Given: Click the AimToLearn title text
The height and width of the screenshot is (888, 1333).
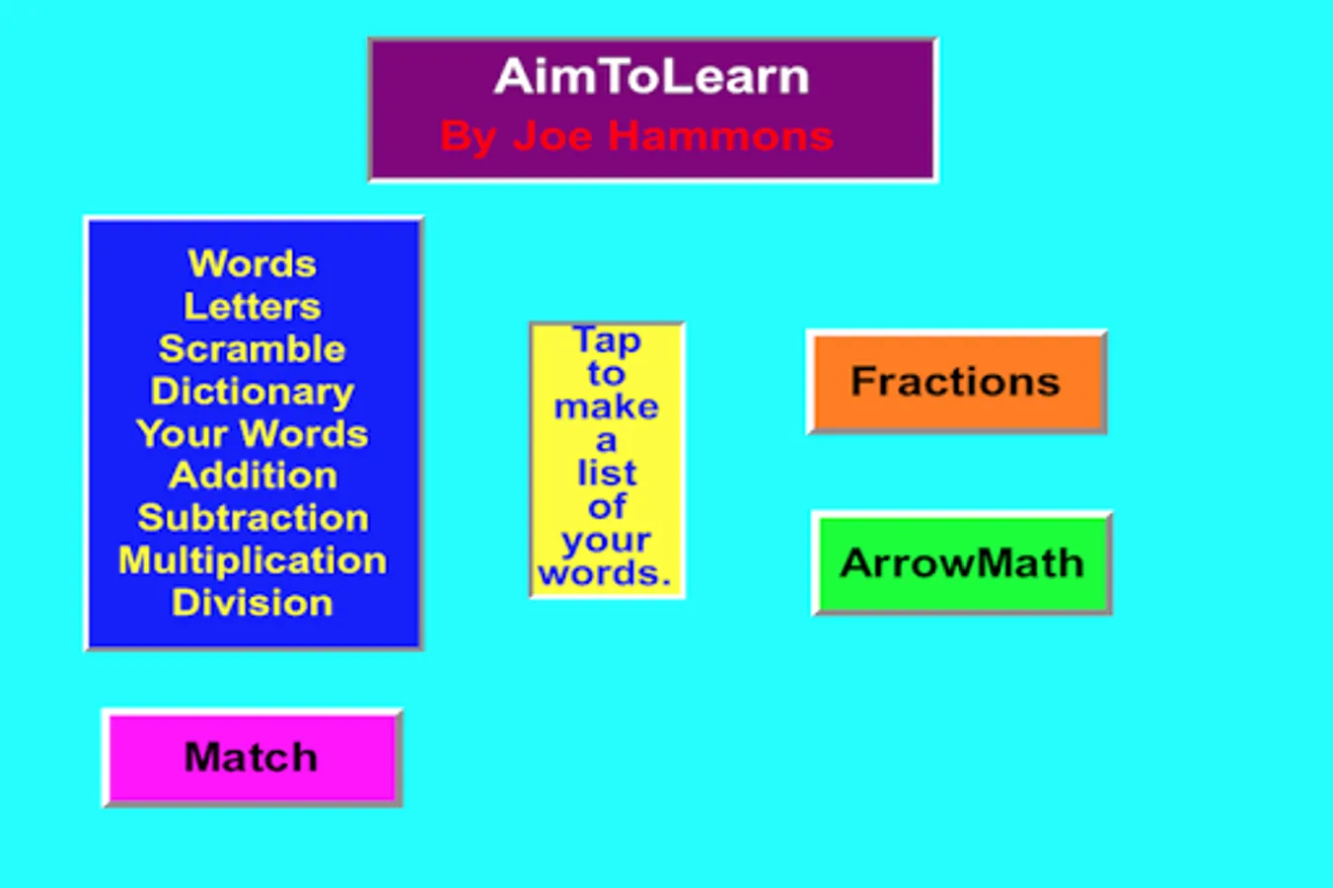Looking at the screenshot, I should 651,77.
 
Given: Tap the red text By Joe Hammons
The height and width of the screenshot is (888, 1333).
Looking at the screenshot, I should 636,136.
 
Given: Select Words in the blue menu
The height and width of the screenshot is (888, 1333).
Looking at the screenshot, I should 253,264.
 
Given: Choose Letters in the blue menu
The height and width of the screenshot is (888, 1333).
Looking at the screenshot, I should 253,307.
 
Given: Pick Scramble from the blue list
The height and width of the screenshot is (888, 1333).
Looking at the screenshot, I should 253,349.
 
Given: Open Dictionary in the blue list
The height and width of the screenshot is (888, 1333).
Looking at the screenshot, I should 253,392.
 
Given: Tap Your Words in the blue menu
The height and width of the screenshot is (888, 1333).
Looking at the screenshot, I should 253,434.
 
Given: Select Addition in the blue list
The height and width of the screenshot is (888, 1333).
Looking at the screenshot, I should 253,476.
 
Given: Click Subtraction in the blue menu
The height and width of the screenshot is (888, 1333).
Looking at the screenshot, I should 253,518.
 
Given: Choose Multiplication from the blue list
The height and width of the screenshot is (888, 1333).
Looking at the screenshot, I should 253,560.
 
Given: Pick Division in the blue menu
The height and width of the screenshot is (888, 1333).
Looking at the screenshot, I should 253,603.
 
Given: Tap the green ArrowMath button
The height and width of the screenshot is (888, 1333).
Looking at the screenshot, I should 962,563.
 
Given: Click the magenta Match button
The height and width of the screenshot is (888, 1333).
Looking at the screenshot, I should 252,758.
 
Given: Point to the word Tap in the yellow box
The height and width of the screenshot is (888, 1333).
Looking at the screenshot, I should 607,340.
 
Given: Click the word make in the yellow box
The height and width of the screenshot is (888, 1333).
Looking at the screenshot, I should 606,407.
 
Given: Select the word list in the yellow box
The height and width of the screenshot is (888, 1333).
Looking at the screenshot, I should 607,474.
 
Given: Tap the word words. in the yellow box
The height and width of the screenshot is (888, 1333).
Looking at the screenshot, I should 605,573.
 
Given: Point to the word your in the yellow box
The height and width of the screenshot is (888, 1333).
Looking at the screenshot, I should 606,541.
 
